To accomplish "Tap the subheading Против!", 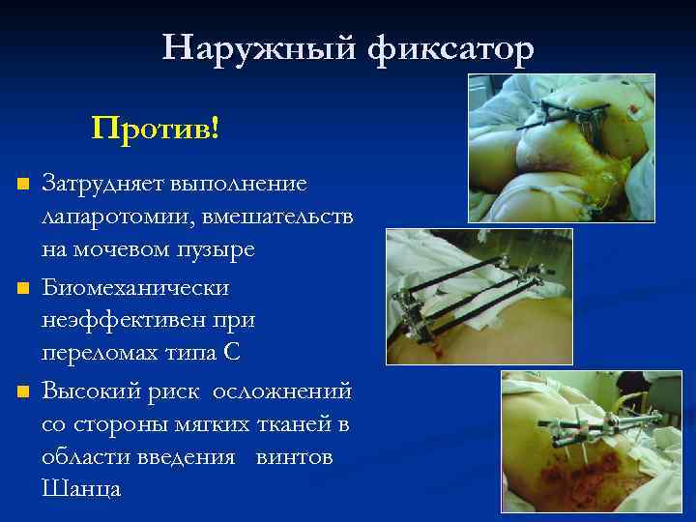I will point(156,127).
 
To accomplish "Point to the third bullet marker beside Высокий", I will point(25,392).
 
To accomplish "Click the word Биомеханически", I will point(135,287).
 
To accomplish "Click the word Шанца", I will point(81,489).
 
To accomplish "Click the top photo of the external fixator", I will point(561,148).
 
